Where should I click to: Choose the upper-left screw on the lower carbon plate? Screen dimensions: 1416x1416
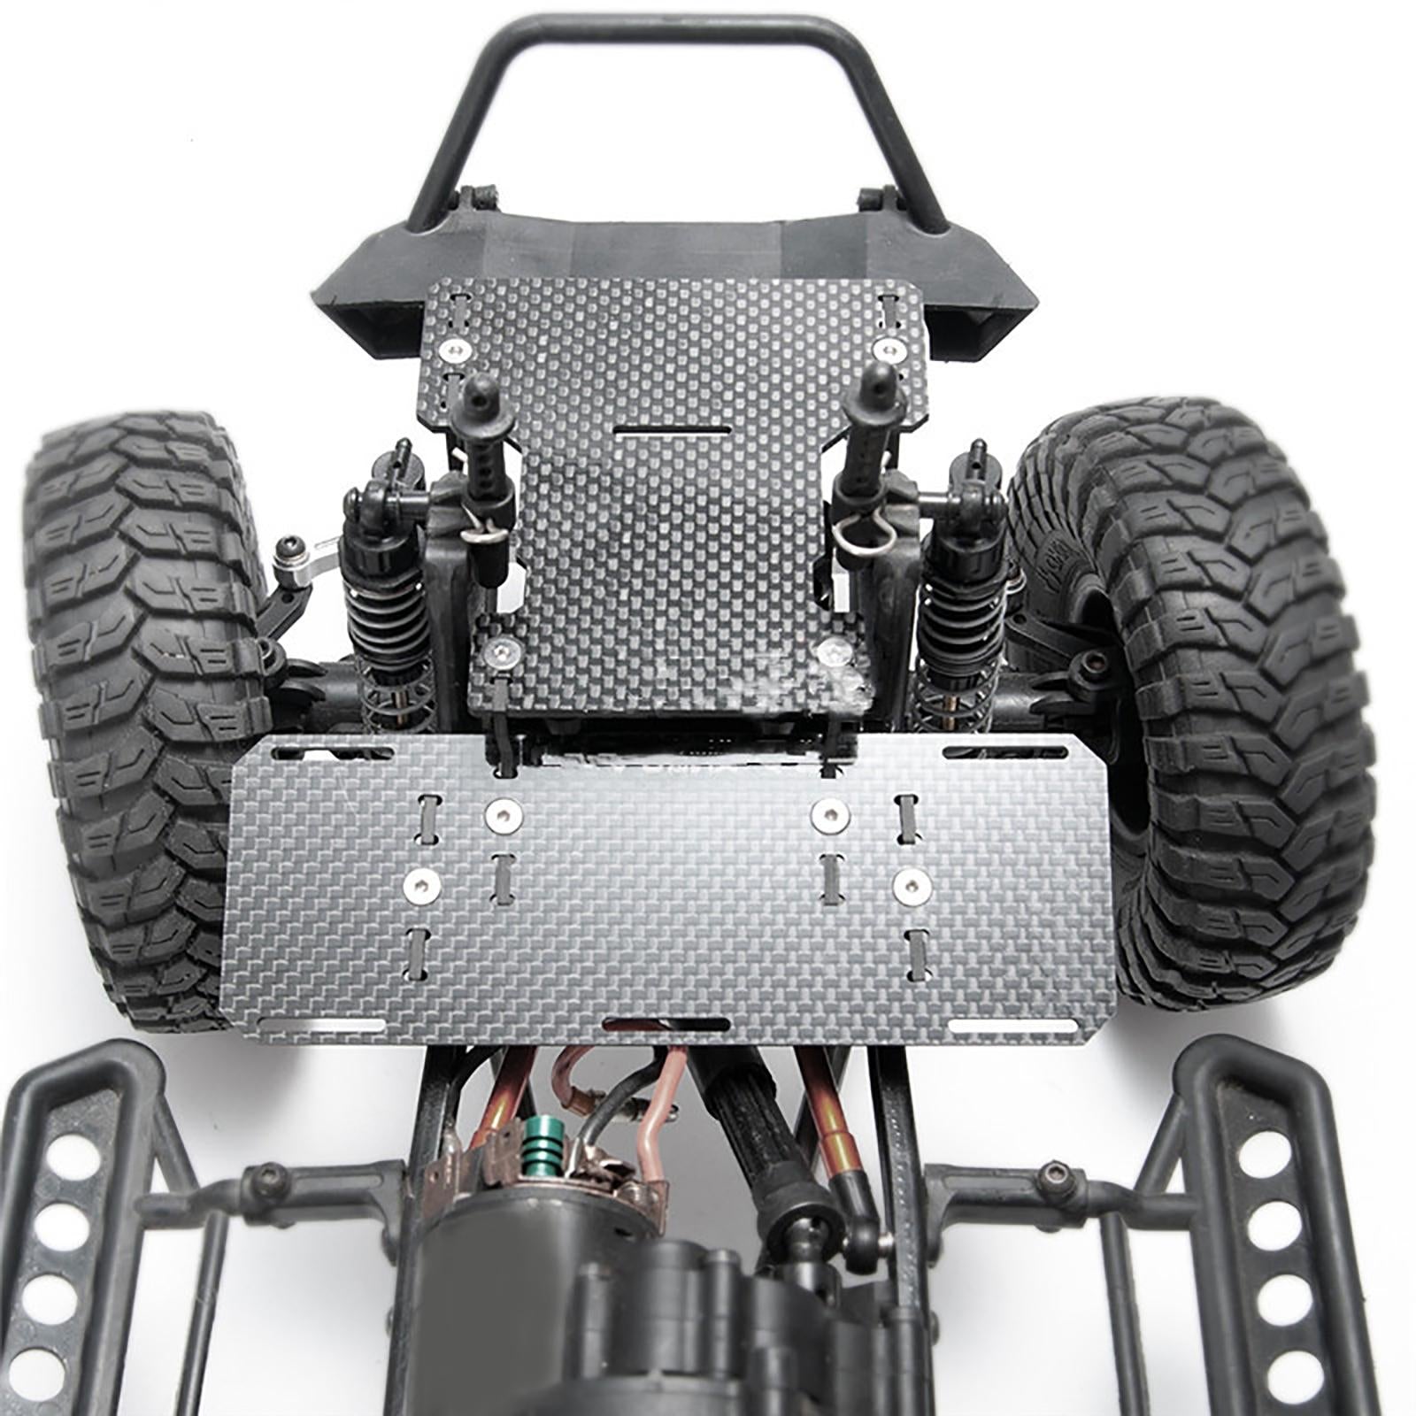point(503,815)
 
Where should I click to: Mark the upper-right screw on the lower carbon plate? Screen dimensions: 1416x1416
point(828,815)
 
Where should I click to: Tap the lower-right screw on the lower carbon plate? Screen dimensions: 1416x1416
point(911,886)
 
